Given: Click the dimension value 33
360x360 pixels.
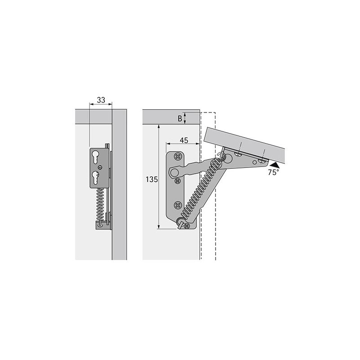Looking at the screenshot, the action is [101, 100].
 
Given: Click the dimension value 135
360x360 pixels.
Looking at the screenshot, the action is [152, 179].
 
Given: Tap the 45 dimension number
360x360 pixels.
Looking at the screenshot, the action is [184, 140].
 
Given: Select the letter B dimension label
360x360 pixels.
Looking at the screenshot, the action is [180, 118].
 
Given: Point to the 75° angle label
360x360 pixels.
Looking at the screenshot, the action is [274, 172].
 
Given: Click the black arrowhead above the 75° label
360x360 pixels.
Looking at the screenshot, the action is [275, 165].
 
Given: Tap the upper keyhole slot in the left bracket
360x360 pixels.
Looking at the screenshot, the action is [95, 157].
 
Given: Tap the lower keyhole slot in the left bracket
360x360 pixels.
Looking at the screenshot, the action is [95, 177].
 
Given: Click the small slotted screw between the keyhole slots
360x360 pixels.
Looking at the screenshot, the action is [99, 167].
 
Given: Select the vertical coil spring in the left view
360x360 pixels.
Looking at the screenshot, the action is [99, 203].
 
